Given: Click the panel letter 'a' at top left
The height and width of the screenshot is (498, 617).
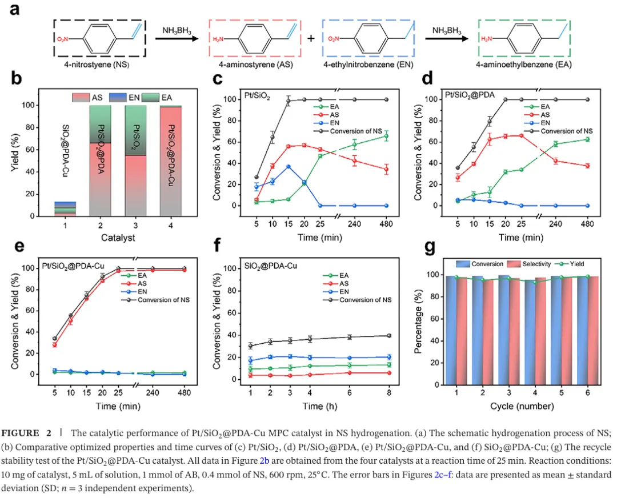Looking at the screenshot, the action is (x=14, y=9).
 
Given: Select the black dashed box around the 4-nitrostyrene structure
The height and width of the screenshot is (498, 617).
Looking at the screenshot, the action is (x=54, y=38).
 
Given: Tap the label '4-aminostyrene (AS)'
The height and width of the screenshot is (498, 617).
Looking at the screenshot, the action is (x=256, y=65).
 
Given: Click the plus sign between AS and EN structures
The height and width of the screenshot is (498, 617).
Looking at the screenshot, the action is (x=311, y=39).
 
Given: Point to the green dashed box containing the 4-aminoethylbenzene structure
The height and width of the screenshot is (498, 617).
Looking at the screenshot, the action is (x=479, y=38).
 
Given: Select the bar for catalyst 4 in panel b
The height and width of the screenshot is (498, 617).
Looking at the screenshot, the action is (x=171, y=161).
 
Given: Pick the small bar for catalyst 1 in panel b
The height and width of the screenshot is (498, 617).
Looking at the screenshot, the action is (x=65, y=209).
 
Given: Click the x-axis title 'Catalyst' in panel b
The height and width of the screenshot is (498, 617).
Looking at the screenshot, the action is (x=118, y=238).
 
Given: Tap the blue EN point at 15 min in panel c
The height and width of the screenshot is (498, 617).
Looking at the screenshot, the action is (x=289, y=166).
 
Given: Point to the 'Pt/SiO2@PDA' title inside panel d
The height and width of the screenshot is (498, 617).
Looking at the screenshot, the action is (x=470, y=95).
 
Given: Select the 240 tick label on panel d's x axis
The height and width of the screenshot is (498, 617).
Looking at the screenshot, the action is (x=556, y=224).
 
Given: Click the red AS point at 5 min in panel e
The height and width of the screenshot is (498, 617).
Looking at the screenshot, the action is (x=55, y=345).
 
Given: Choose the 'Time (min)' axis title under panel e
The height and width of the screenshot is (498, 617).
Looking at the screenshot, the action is (x=118, y=406).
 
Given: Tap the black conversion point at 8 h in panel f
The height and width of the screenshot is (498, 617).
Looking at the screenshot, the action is (x=389, y=336).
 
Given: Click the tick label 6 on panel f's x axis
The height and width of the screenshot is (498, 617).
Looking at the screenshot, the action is (x=350, y=392).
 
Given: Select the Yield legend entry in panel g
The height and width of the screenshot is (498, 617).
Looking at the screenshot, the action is (x=570, y=264).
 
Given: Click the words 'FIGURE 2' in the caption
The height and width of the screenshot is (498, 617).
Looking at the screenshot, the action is (x=26, y=433).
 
